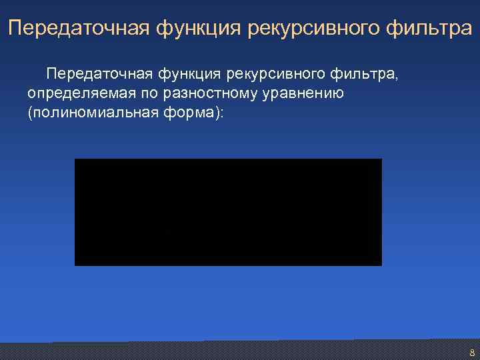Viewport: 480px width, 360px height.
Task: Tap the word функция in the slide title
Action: coord(198,29)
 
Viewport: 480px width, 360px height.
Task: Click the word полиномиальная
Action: coord(90,113)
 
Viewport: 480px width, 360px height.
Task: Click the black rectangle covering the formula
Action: coord(228,212)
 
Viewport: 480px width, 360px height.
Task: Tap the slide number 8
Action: coord(472,353)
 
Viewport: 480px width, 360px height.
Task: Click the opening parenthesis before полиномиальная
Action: coord(30,113)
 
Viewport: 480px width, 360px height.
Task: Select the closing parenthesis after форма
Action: coord(217,113)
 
